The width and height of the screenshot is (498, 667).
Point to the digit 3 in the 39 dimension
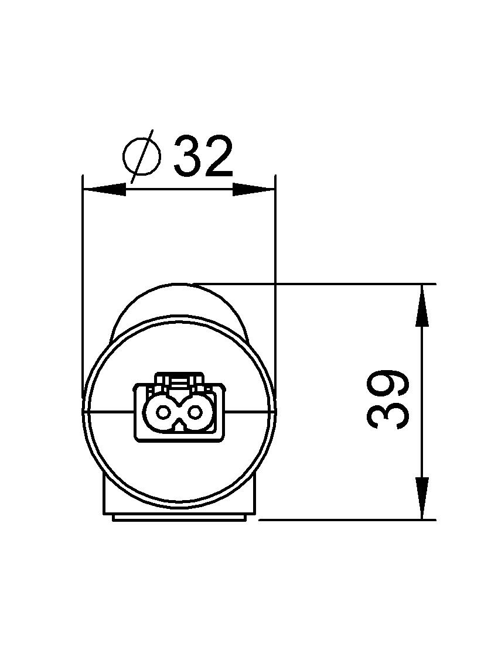click(x=388, y=415)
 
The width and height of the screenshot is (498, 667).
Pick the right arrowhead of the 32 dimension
click(x=254, y=190)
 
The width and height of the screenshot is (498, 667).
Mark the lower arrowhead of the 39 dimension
click(x=422, y=498)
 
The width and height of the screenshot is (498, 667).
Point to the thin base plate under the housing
click(x=179, y=517)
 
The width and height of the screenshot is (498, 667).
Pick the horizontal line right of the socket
click(x=248, y=411)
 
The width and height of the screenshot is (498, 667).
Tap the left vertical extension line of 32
click(x=83, y=264)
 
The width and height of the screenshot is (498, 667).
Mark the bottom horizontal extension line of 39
click(x=352, y=519)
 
